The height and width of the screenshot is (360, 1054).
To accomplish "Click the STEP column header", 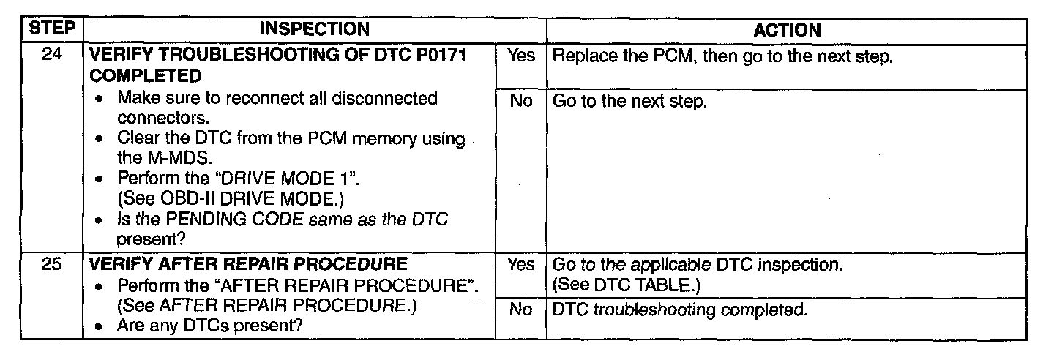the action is point(52,29).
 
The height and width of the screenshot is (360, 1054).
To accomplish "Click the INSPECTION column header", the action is point(315,29).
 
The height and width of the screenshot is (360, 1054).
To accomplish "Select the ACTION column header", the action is point(787,31).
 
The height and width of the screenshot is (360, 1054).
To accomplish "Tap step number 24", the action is point(52,54).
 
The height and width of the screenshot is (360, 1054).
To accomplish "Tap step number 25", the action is point(51,263).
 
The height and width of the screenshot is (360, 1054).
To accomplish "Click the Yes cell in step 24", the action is point(521,56).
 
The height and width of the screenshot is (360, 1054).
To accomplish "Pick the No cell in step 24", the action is point(521,101).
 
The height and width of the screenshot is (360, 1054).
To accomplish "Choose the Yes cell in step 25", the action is point(521,264).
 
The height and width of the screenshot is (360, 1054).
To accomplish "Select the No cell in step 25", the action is point(520,310).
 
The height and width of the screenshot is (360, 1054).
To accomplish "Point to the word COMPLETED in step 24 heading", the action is point(146,76).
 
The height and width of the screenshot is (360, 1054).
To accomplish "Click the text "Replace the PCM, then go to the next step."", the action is point(722,56).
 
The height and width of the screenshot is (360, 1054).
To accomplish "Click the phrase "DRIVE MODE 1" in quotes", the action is point(287,179).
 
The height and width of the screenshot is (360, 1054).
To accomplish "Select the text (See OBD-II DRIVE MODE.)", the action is point(231,199).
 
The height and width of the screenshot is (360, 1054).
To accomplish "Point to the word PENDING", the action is point(207,220).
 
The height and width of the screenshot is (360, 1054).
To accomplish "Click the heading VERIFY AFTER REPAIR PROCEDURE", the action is point(248,264).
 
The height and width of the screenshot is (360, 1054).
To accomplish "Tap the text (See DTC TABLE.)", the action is point(627,285).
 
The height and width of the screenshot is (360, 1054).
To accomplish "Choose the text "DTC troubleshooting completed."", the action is point(680,310).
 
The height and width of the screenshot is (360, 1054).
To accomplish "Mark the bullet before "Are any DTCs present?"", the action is point(98,326).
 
